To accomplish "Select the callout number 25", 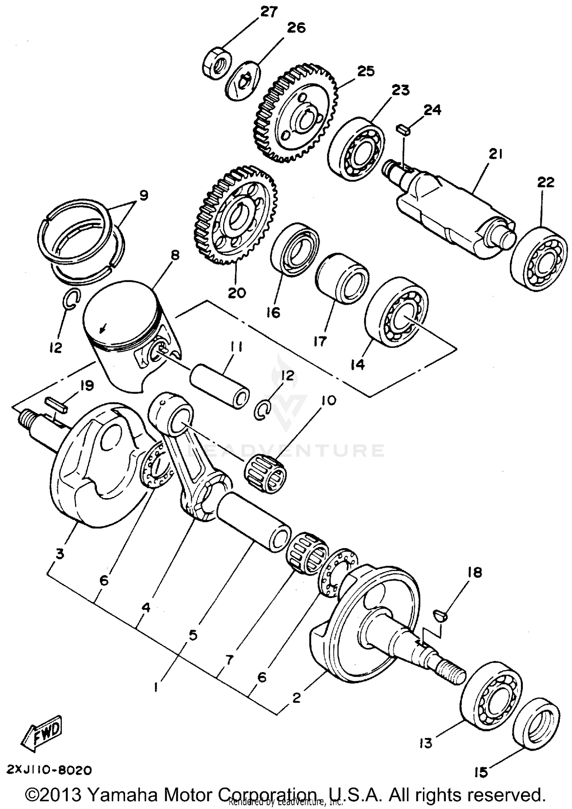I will tap(365, 71).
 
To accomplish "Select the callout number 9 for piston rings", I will tap(143, 196).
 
